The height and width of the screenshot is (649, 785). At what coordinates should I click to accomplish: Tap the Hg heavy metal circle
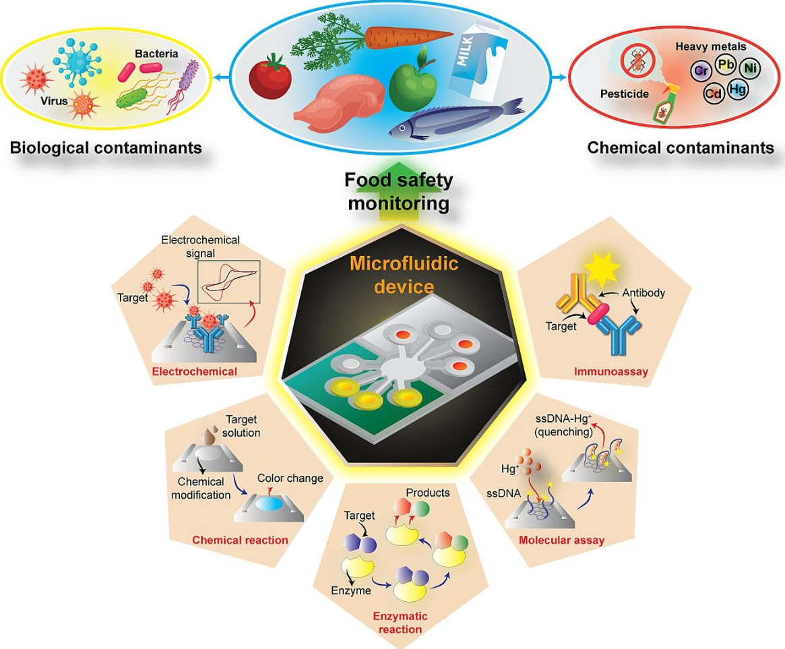[737, 89]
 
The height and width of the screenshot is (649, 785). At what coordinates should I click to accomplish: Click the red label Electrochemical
[194, 371]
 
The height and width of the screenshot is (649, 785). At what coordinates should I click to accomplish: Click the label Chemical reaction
[240, 540]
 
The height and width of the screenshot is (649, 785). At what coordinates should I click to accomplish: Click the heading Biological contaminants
[106, 148]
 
